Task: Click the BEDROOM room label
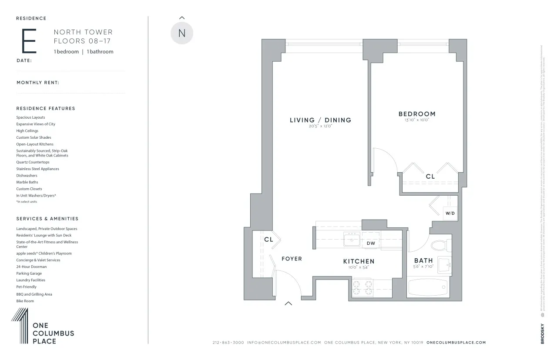click(x=416, y=114)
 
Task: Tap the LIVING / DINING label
click(x=320, y=120)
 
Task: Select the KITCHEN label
click(x=359, y=261)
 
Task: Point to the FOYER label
click(x=292, y=259)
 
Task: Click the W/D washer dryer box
click(x=450, y=213)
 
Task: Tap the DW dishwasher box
click(x=371, y=243)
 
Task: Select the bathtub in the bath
click(x=428, y=287)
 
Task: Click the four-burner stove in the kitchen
click(x=363, y=288)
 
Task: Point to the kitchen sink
click(x=351, y=240)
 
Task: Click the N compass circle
click(x=182, y=33)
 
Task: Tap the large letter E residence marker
click(x=29, y=41)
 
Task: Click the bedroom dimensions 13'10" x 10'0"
click(x=416, y=120)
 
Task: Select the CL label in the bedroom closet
click(x=430, y=177)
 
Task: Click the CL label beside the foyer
click(x=268, y=240)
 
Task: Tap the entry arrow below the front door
click(x=288, y=303)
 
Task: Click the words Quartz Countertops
click(x=33, y=162)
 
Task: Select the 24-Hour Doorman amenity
click(x=31, y=267)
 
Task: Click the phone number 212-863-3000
click(x=228, y=343)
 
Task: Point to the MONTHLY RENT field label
click(x=37, y=83)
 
